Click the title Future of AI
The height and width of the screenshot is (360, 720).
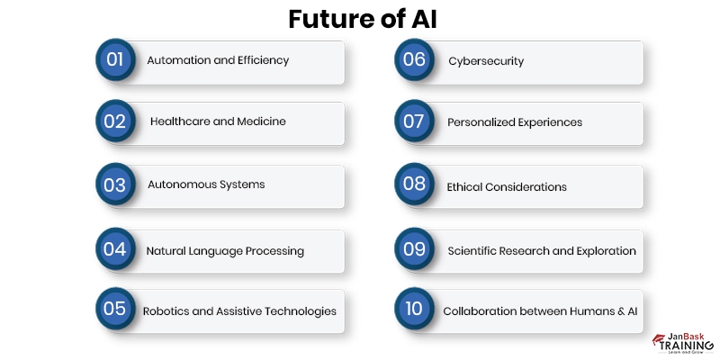pos(360,19)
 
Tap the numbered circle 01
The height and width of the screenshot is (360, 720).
pos(114,60)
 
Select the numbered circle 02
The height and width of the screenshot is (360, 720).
pos(114,121)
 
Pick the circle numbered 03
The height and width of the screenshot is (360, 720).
pos(114,184)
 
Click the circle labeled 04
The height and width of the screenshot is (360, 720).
pos(114,249)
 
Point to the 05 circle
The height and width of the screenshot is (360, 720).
pos(114,310)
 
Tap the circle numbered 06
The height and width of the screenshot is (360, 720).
pos(414,60)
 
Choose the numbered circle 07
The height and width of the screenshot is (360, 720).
pos(414,121)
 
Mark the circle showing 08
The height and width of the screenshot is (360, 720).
pos(414,184)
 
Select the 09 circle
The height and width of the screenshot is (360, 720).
pos(414,249)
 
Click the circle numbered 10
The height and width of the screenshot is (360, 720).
pos(414,310)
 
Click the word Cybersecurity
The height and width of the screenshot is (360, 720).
pos(486,61)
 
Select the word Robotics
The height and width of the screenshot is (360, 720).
pos(165,310)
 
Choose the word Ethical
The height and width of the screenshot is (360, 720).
pos(466,187)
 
